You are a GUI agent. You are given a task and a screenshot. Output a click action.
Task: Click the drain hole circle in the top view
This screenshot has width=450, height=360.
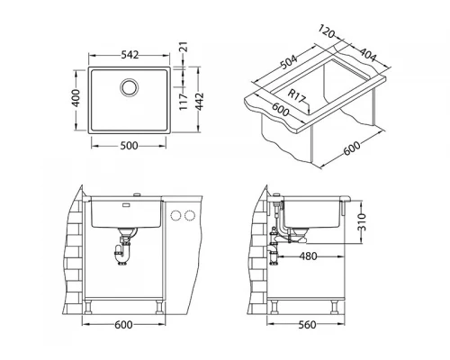coord(129,87)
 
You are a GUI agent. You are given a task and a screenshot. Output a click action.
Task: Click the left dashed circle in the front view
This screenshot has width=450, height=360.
coord(176,215)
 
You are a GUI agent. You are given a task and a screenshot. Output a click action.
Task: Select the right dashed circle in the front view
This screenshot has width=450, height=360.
coord(191,215)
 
